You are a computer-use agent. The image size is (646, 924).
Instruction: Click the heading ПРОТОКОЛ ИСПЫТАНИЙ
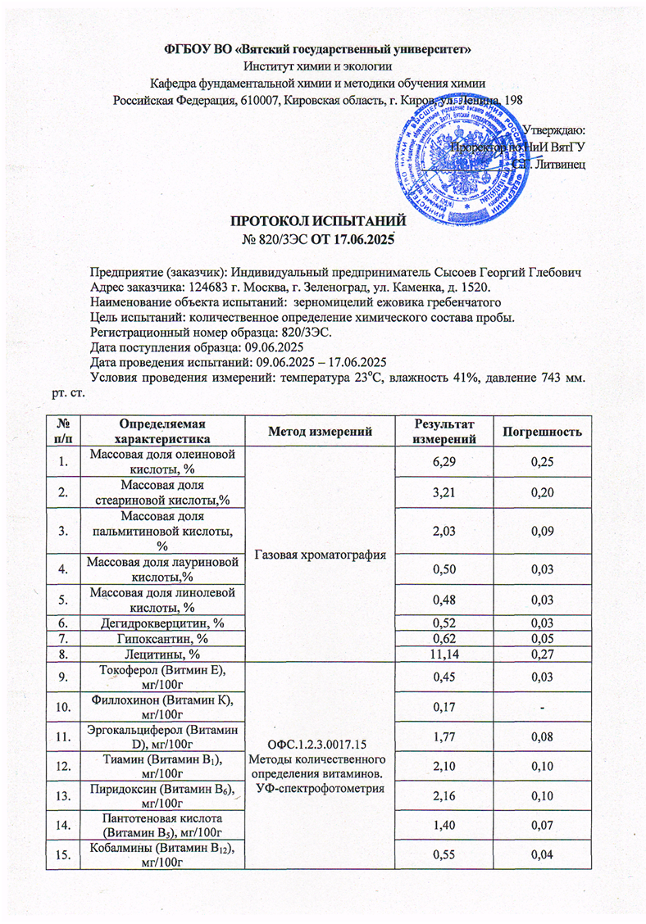tap(318, 220)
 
